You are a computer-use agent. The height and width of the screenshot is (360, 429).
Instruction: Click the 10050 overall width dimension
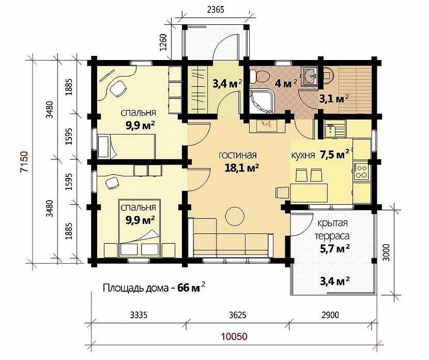(234, 336)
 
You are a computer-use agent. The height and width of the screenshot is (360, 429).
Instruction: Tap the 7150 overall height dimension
(25, 161)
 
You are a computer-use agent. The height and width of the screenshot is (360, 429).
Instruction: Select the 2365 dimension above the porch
(216, 10)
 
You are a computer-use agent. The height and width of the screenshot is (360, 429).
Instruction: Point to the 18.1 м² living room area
(242, 168)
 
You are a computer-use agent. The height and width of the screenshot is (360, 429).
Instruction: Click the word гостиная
(238, 155)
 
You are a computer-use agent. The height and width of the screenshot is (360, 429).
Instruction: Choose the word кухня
(303, 156)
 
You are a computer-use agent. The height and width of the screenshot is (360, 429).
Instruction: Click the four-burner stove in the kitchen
(361, 172)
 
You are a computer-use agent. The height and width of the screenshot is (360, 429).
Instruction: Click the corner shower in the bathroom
(262, 101)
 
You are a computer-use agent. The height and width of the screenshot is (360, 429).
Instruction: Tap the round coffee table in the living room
(235, 215)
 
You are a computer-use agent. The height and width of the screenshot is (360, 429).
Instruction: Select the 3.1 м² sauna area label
(334, 99)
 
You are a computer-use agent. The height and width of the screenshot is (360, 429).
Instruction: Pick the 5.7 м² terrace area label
(334, 248)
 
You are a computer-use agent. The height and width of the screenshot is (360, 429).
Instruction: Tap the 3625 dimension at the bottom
(237, 315)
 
